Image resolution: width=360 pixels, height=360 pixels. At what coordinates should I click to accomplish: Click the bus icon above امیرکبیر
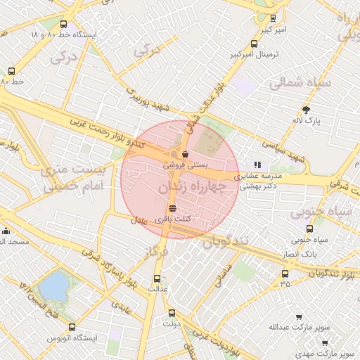tap(273, 19)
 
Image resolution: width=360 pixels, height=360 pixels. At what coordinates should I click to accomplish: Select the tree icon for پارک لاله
tap(306, 110)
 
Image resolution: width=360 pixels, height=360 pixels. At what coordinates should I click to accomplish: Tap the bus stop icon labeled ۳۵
tap(285, 274)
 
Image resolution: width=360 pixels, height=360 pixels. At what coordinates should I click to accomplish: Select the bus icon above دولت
tap(172, 313)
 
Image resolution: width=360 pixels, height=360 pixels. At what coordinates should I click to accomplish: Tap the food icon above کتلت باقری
tap(173, 208)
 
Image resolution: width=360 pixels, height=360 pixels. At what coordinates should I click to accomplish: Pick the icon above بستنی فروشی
tap(185, 153)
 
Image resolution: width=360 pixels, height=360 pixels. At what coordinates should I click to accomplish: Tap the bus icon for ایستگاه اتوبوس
tap(72, 327)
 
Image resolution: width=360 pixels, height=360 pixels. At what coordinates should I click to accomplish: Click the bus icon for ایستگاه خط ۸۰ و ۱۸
tap(64, 24)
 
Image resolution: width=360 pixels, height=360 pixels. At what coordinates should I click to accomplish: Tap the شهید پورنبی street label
tap(148, 99)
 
